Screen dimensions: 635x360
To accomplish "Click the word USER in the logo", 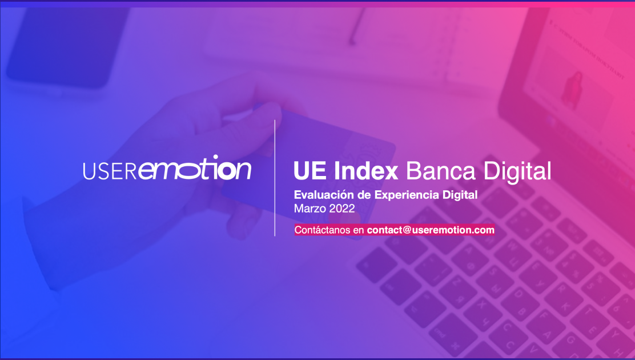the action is tap(110, 171).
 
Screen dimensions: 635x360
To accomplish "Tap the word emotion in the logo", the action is tap(195, 168).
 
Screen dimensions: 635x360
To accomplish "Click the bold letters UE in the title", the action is tap(310, 171).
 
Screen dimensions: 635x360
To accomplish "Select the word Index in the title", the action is tap(366, 171).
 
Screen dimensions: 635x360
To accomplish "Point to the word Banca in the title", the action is tap(441, 171).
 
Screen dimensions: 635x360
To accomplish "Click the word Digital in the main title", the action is tap(517, 172).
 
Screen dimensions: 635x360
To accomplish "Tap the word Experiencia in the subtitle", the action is tap(407, 195).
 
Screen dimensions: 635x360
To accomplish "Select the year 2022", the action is tap(342, 209).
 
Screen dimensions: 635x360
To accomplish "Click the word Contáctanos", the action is tap(323, 230).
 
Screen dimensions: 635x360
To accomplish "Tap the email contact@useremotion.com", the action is tap(431, 230).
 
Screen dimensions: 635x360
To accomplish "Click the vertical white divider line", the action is tap(275, 178).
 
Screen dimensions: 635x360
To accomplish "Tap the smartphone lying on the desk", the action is tap(67, 47).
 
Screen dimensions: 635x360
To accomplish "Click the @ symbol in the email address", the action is tap(407, 230).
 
